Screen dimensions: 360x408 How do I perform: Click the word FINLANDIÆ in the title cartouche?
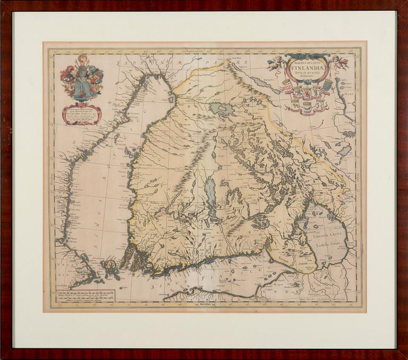pos(307,68)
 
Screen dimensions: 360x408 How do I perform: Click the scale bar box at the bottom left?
pos(85,296)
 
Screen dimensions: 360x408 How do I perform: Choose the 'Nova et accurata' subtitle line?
pos(307,74)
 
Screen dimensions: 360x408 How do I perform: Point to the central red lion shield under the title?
pos(307,94)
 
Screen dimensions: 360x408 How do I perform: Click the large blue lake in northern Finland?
pos(221,109)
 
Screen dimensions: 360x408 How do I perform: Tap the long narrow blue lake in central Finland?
pos(211,191)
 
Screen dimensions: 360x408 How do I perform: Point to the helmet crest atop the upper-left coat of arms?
pos(81,60)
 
